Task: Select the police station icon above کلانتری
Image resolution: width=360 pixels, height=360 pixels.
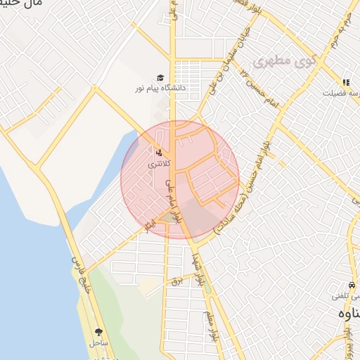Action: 158,151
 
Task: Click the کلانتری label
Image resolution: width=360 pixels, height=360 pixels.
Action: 158,163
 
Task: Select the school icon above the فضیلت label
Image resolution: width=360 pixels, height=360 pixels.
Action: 345,82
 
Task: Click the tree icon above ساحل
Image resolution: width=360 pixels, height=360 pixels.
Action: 98,332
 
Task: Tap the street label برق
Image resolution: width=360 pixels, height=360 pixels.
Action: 178,281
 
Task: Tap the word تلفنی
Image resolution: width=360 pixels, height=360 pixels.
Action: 345,297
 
